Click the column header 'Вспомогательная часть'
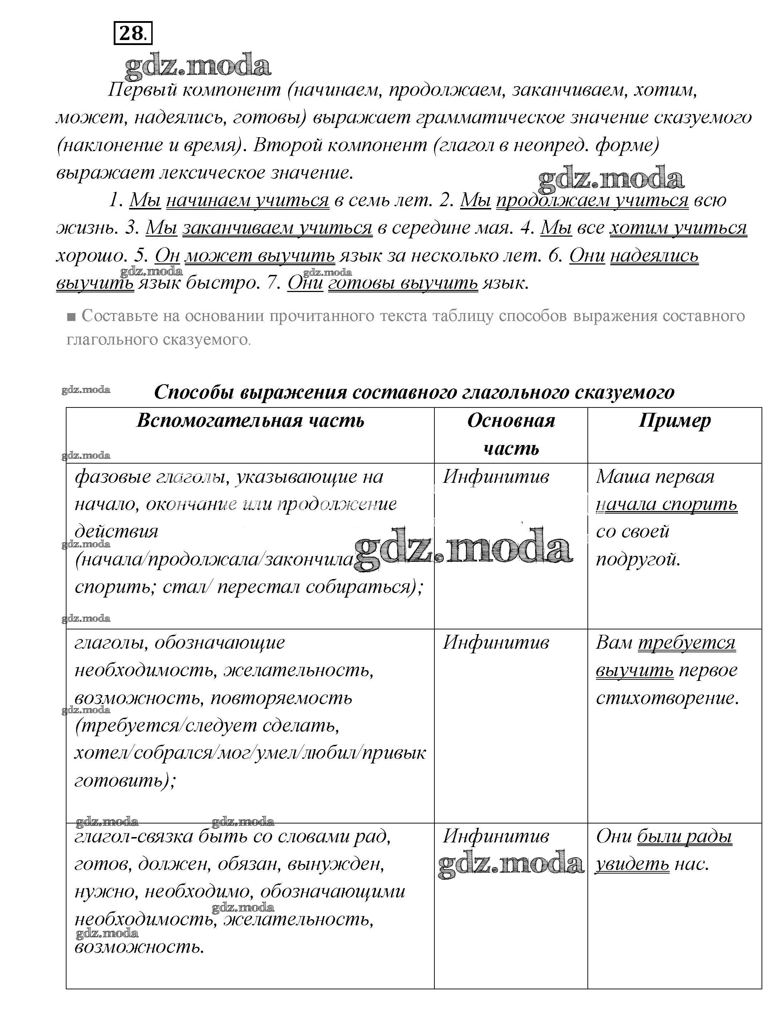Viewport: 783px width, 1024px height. click(250, 421)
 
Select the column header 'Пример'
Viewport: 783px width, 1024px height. click(674, 421)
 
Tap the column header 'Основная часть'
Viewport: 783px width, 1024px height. click(511, 434)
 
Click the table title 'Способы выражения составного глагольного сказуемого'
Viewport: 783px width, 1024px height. click(414, 392)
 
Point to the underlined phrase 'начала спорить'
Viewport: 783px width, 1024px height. click(667, 505)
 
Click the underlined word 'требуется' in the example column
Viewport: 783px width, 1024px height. click(686, 643)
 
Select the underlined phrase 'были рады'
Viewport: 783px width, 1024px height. click(684, 837)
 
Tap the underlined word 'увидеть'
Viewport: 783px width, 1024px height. click(632, 864)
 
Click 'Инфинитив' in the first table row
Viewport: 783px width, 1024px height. click(496, 476)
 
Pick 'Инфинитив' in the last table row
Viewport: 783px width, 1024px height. click(496, 837)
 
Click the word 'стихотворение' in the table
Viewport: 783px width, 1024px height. click(667, 698)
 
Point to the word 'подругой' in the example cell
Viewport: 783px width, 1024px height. click(638, 559)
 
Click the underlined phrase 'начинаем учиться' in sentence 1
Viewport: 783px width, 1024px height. click(247, 200)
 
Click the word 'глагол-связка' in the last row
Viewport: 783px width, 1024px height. click(134, 837)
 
